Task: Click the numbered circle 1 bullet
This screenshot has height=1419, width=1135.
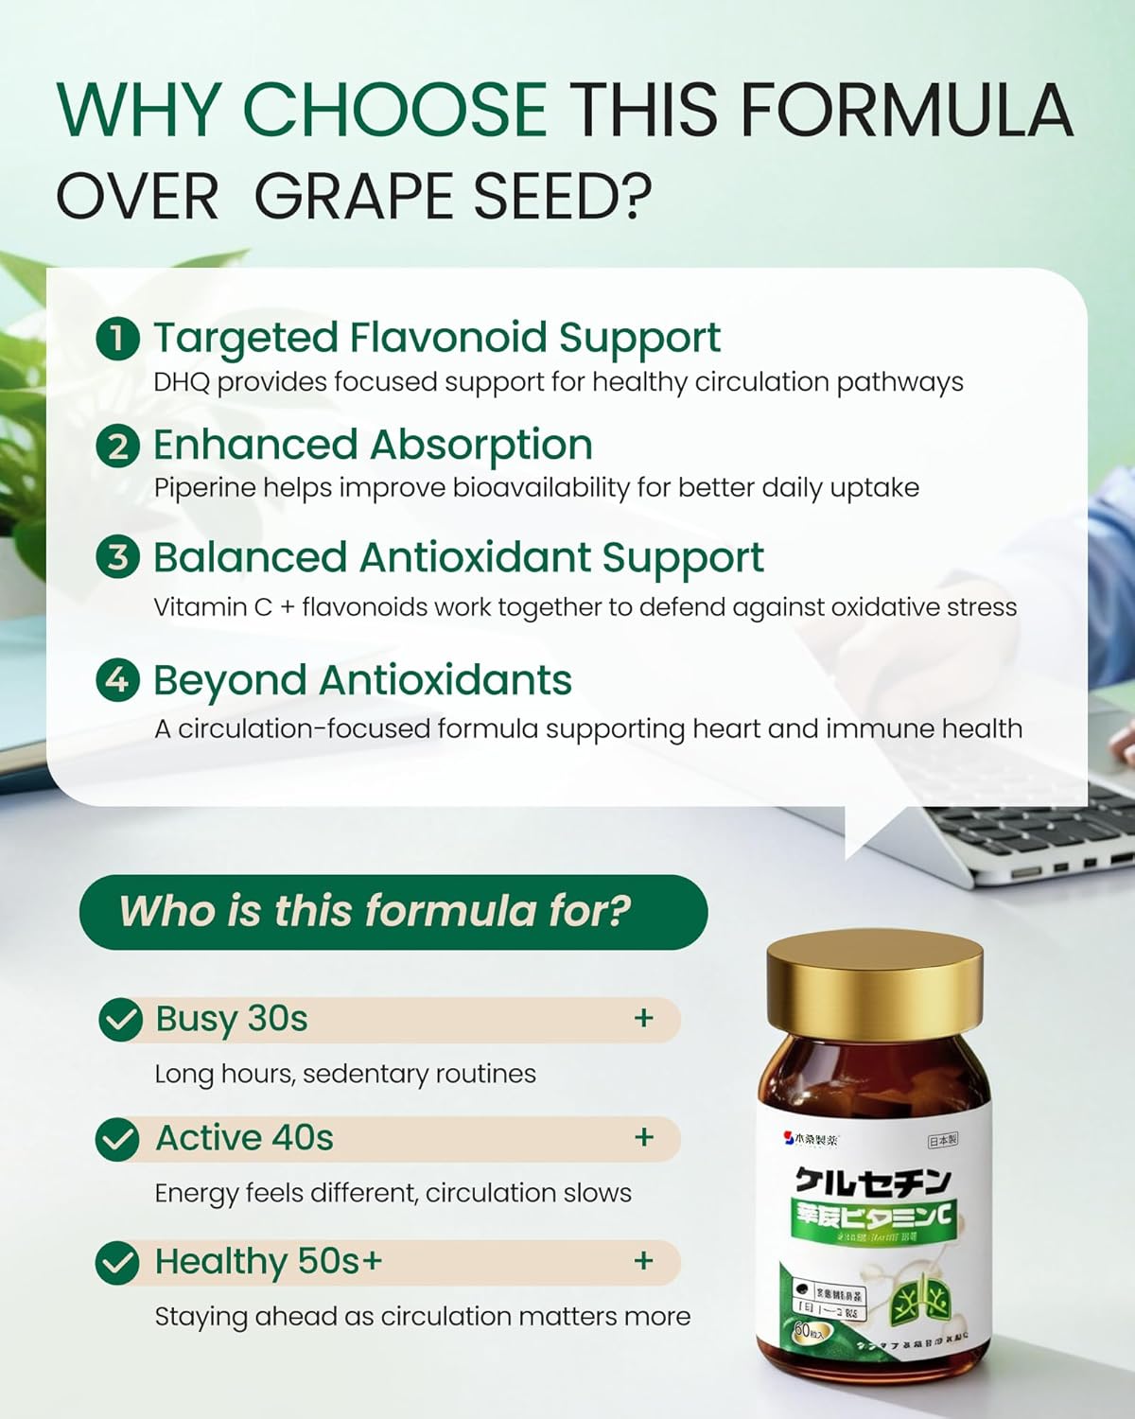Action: click(x=117, y=339)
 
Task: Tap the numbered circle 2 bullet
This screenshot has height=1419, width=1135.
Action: click(x=117, y=446)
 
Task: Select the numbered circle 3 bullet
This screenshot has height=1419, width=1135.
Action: click(x=117, y=557)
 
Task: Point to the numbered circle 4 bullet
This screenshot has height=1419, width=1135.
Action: click(x=117, y=679)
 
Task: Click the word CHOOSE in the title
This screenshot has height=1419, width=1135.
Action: click(x=395, y=109)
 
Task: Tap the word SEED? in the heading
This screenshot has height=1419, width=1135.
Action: click(x=562, y=197)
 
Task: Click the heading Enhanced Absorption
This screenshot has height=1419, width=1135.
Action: click(x=373, y=445)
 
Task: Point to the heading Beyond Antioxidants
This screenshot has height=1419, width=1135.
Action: click(x=362, y=680)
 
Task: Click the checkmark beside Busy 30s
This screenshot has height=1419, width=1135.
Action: click(x=120, y=1020)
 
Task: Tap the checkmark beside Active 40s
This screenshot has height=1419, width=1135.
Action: click(x=118, y=1139)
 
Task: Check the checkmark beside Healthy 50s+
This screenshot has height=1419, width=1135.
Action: click(x=118, y=1263)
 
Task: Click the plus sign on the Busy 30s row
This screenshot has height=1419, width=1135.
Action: click(x=644, y=1019)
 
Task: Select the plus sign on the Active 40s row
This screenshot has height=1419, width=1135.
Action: click(x=644, y=1137)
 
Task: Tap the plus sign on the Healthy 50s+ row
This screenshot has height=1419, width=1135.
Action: click(x=644, y=1261)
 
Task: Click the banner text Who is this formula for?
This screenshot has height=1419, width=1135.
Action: click(x=375, y=911)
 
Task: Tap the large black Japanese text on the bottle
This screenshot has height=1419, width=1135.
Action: click(x=872, y=1181)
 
